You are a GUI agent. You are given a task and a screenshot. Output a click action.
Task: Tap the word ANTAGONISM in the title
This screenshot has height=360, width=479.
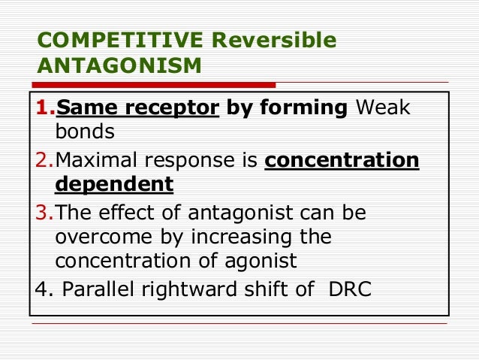(119, 67)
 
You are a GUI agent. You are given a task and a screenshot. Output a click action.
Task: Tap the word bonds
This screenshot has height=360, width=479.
(84, 132)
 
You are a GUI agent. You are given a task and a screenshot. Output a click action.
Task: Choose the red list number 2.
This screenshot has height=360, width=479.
(44, 161)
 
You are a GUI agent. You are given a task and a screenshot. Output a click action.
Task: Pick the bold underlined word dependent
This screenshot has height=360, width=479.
(114, 184)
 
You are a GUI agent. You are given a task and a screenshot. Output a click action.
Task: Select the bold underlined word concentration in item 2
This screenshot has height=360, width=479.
(342, 161)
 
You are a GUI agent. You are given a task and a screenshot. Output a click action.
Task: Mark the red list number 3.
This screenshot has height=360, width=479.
(44, 213)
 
